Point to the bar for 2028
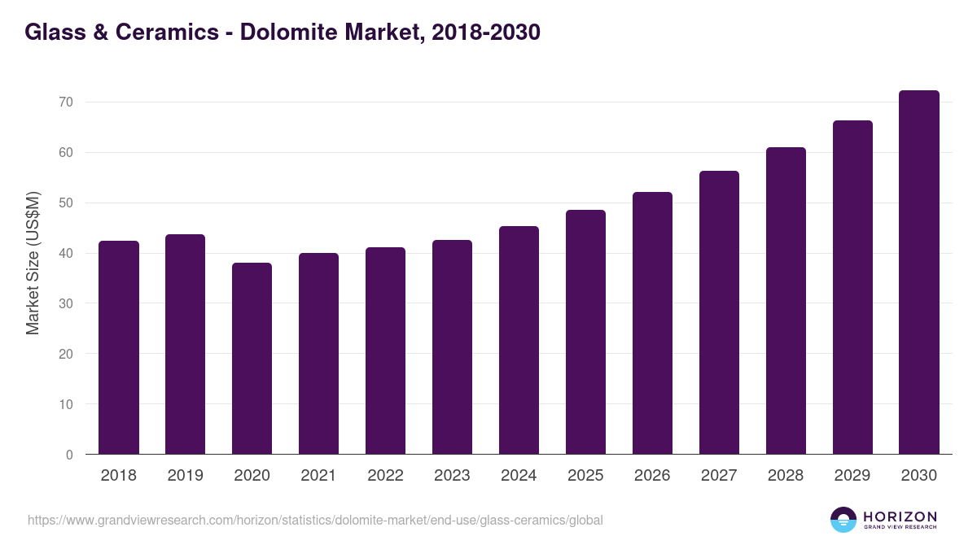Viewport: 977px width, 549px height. [786, 301]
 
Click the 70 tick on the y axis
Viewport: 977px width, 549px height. [66, 102]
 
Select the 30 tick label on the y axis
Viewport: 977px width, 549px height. [66, 303]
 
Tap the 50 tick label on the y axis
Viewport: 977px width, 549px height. [66, 203]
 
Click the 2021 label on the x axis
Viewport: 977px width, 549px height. [318, 476]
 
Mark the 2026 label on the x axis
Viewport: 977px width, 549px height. [652, 476]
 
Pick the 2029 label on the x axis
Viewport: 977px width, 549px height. [852, 476]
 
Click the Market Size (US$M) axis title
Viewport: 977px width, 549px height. [33, 262]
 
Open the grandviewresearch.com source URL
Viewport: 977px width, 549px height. [315, 520]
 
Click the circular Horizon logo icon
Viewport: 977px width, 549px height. [843, 520]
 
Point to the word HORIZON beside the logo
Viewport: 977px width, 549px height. [900, 516]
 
